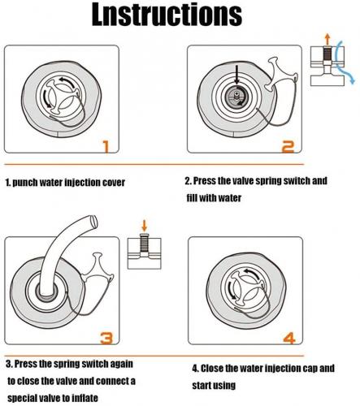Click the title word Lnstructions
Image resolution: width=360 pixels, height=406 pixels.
click(x=167, y=15)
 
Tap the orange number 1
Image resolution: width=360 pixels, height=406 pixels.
click(x=106, y=146)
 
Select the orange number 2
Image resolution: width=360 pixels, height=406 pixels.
click(x=288, y=147)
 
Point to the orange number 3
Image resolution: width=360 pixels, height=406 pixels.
click(x=106, y=339)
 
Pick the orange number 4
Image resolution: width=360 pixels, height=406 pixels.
click(x=289, y=339)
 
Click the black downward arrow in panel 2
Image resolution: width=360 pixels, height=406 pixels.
click(x=236, y=75)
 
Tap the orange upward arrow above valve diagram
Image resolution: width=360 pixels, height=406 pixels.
click(x=327, y=39)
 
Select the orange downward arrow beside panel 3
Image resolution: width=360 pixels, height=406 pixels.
click(x=145, y=226)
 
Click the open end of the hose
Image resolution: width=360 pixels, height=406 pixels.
click(x=93, y=221)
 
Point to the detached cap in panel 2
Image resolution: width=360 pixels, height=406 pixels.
click(x=280, y=74)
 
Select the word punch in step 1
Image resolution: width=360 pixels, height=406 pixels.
click(x=25, y=183)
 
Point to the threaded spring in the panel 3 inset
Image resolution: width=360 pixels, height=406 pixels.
click(x=144, y=243)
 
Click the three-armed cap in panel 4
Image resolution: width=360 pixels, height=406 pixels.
click(x=246, y=290)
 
